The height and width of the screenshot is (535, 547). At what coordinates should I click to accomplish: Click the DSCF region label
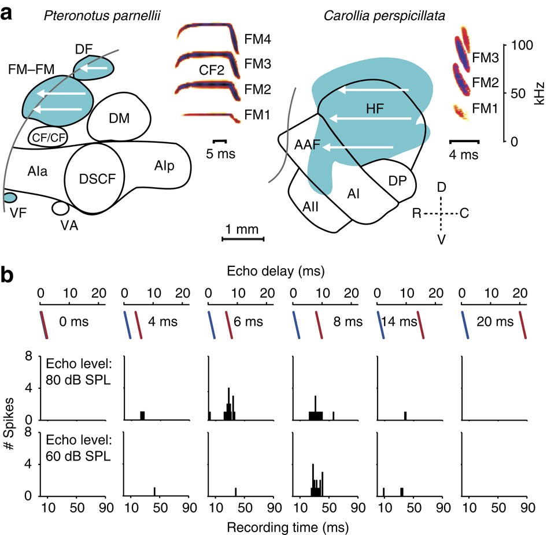[94, 179]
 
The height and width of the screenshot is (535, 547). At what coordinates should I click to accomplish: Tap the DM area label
[119, 118]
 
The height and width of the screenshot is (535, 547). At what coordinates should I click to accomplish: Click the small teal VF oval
[9, 198]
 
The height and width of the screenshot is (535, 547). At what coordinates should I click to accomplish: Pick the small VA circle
[60, 207]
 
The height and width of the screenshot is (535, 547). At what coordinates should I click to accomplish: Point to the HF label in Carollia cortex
[375, 109]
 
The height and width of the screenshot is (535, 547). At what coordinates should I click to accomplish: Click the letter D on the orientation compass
[441, 189]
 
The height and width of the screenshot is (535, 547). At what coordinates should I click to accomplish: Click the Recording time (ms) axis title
[280, 526]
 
